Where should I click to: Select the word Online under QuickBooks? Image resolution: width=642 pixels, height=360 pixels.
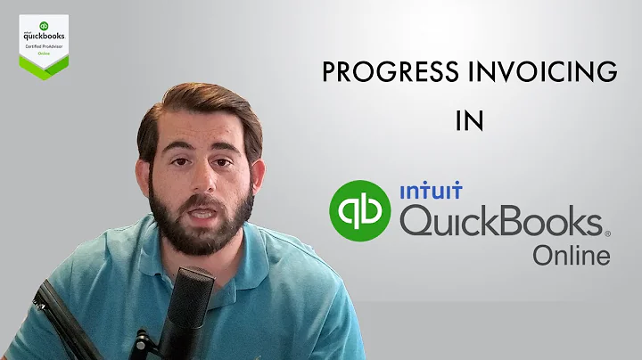click(x=572, y=256)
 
